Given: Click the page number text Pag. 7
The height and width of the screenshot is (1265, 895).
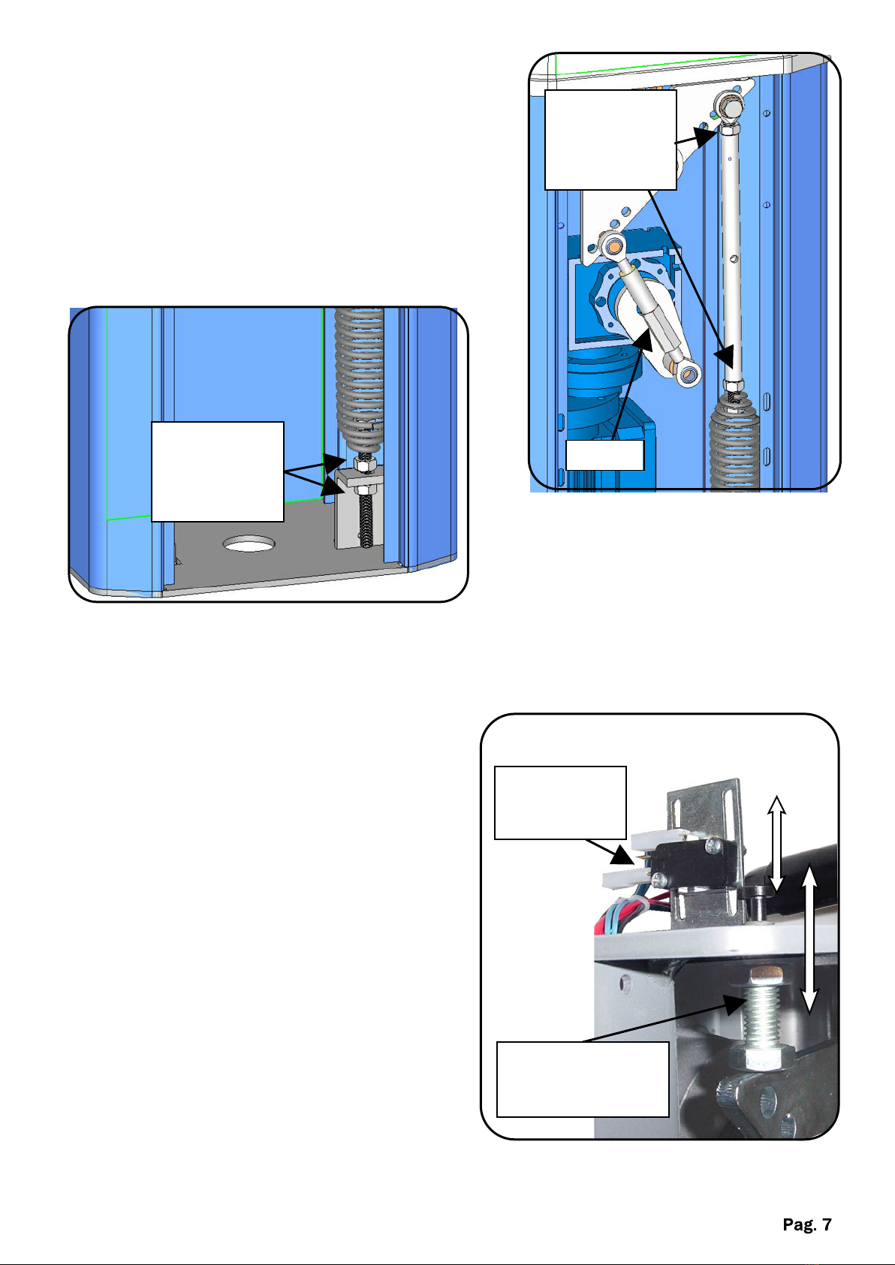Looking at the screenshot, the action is tap(807, 1224).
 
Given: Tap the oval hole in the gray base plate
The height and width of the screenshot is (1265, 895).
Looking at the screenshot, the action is tap(249, 544).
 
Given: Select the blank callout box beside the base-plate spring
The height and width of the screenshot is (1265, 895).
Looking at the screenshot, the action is tap(218, 471).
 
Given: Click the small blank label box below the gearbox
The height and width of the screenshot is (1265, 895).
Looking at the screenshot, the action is tap(604, 455).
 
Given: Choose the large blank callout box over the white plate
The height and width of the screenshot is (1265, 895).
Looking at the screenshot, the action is tap(610, 140).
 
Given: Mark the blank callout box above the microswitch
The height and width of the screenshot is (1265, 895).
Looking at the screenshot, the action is tap(560, 803).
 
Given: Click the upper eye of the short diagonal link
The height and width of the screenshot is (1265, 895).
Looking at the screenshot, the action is tap(613, 245).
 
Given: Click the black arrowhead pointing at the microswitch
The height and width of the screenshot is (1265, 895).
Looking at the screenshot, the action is tap(622, 856).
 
